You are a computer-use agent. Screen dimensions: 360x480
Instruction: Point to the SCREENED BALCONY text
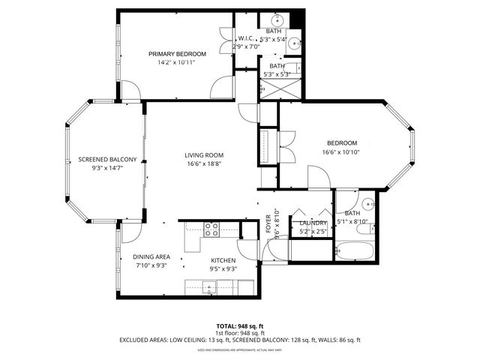(107, 160)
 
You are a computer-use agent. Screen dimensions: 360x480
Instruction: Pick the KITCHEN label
(223, 259)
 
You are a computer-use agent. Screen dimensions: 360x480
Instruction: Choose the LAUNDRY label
(313, 223)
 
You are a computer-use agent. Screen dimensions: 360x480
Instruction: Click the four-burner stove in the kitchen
(211, 229)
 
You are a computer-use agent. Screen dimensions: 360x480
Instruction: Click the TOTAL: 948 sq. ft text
(240, 325)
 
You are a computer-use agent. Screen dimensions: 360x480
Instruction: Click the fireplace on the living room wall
(266, 145)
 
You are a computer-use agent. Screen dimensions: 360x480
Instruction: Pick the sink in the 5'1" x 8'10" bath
(367, 203)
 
